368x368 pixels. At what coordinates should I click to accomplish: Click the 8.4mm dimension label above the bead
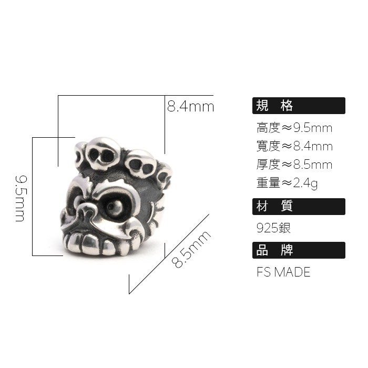(x=190, y=107)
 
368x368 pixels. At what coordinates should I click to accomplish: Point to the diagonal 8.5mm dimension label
(x=192, y=249)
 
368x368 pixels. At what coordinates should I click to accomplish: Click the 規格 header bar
(x=299, y=106)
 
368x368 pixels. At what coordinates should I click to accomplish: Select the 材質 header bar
(x=299, y=207)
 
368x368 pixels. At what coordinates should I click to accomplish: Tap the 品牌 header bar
(x=299, y=250)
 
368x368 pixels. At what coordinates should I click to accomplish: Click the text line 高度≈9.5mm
(x=294, y=128)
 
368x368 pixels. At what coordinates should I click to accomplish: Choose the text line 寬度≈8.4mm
(x=294, y=146)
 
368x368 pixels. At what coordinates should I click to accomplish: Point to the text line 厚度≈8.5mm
(x=294, y=165)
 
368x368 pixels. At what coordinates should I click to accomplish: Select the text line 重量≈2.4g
(x=287, y=183)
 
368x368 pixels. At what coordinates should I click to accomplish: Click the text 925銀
(x=273, y=228)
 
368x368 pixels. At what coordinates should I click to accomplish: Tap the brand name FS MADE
(x=283, y=272)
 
